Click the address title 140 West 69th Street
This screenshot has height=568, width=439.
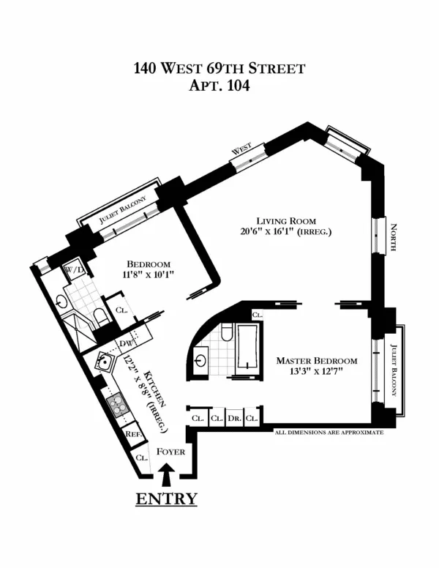[x=219, y=69]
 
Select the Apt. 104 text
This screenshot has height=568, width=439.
[x=219, y=86]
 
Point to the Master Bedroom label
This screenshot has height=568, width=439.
[x=316, y=361]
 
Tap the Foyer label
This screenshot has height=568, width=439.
[x=171, y=452]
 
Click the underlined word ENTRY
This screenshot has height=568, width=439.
[x=166, y=499]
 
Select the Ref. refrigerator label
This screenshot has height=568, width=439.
[x=133, y=433]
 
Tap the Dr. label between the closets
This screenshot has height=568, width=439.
[x=234, y=418]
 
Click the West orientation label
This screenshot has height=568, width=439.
[x=242, y=149]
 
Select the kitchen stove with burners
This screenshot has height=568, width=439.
[x=116, y=402]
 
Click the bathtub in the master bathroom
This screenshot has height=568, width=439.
[x=247, y=351]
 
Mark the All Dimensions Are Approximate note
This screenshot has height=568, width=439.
[x=329, y=433]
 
